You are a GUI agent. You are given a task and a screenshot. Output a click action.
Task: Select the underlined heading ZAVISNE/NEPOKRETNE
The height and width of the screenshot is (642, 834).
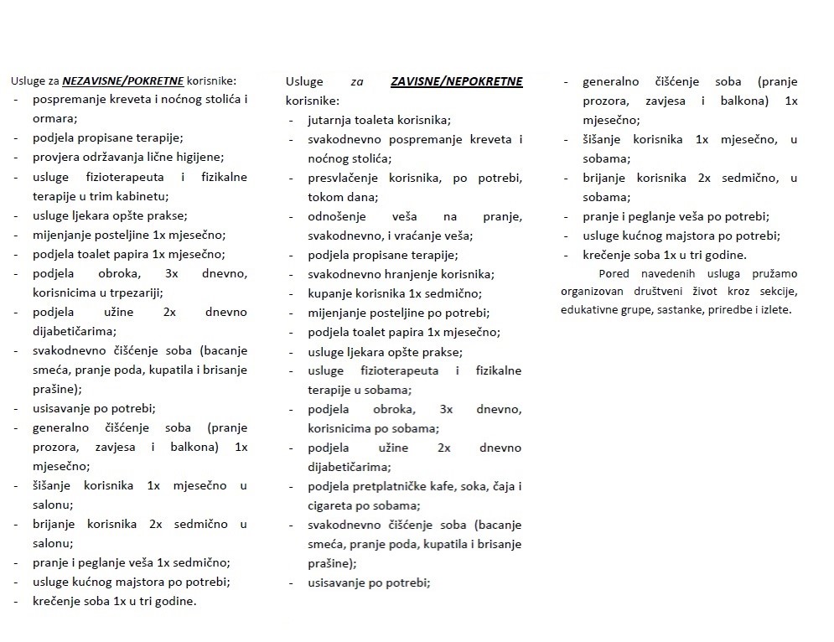456,81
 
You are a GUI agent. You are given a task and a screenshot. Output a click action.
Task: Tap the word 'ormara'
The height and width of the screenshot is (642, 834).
53,118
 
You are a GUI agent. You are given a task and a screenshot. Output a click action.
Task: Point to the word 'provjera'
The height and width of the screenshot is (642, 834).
55,157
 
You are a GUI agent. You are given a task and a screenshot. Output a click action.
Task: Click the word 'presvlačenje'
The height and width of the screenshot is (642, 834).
344,179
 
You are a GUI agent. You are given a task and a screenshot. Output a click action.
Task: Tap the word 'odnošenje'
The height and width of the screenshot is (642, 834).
337,217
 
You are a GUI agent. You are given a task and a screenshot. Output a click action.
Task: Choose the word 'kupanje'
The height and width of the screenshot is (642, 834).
329,293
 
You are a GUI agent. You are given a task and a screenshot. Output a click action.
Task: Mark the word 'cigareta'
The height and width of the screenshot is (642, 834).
331,505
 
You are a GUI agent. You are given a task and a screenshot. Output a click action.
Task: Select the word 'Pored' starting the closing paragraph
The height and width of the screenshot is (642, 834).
614,273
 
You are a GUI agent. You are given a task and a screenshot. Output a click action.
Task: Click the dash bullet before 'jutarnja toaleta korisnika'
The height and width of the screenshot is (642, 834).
291,121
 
